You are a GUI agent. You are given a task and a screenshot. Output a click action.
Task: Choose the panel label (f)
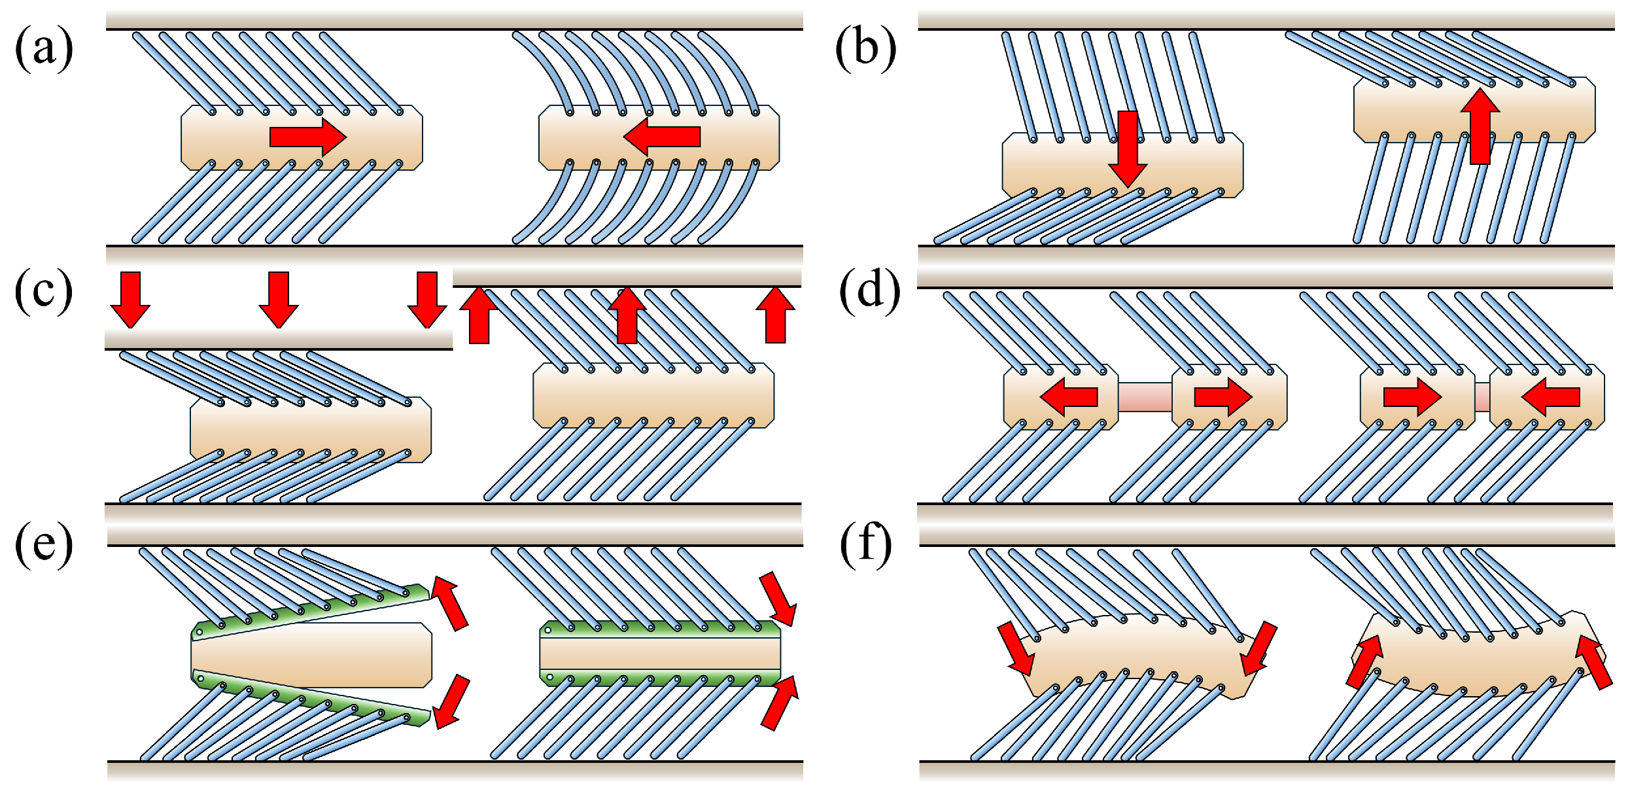tap(865, 543)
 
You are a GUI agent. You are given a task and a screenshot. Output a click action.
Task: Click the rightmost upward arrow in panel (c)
tap(775, 315)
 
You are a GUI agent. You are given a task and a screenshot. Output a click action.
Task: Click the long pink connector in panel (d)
tap(1145, 397)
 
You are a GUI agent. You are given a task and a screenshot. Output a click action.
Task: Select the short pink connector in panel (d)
tap(1482, 397)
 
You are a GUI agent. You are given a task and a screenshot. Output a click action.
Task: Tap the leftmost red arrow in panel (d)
tap(1069, 396)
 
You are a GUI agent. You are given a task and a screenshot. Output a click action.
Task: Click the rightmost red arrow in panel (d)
tap(1551, 396)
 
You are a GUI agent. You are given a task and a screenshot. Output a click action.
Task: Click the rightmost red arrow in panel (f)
tap(1593, 661)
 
